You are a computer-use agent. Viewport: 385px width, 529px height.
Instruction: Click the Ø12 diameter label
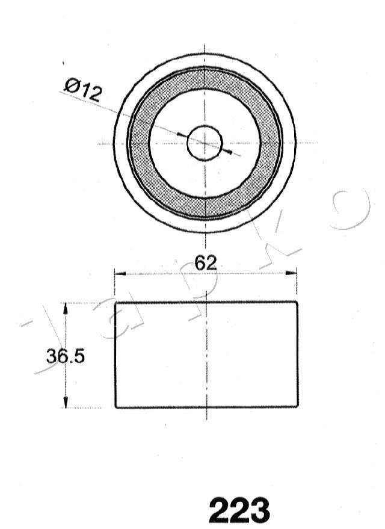[x=83, y=89]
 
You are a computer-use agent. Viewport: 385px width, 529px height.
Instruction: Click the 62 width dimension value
[x=206, y=263]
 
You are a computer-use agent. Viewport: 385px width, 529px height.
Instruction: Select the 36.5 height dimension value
[x=66, y=356]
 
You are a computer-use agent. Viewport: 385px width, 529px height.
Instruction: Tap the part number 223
[x=239, y=510]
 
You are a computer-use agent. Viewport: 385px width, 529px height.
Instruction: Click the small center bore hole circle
[x=205, y=143]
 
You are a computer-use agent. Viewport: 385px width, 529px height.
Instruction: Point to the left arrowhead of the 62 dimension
[x=120, y=273]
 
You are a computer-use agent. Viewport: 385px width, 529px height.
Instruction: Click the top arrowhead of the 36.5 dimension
[x=66, y=308]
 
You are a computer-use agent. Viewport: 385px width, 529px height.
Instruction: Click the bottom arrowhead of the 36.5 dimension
[x=66, y=402]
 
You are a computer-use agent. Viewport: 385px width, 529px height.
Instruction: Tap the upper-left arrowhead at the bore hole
[x=182, y=135]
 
